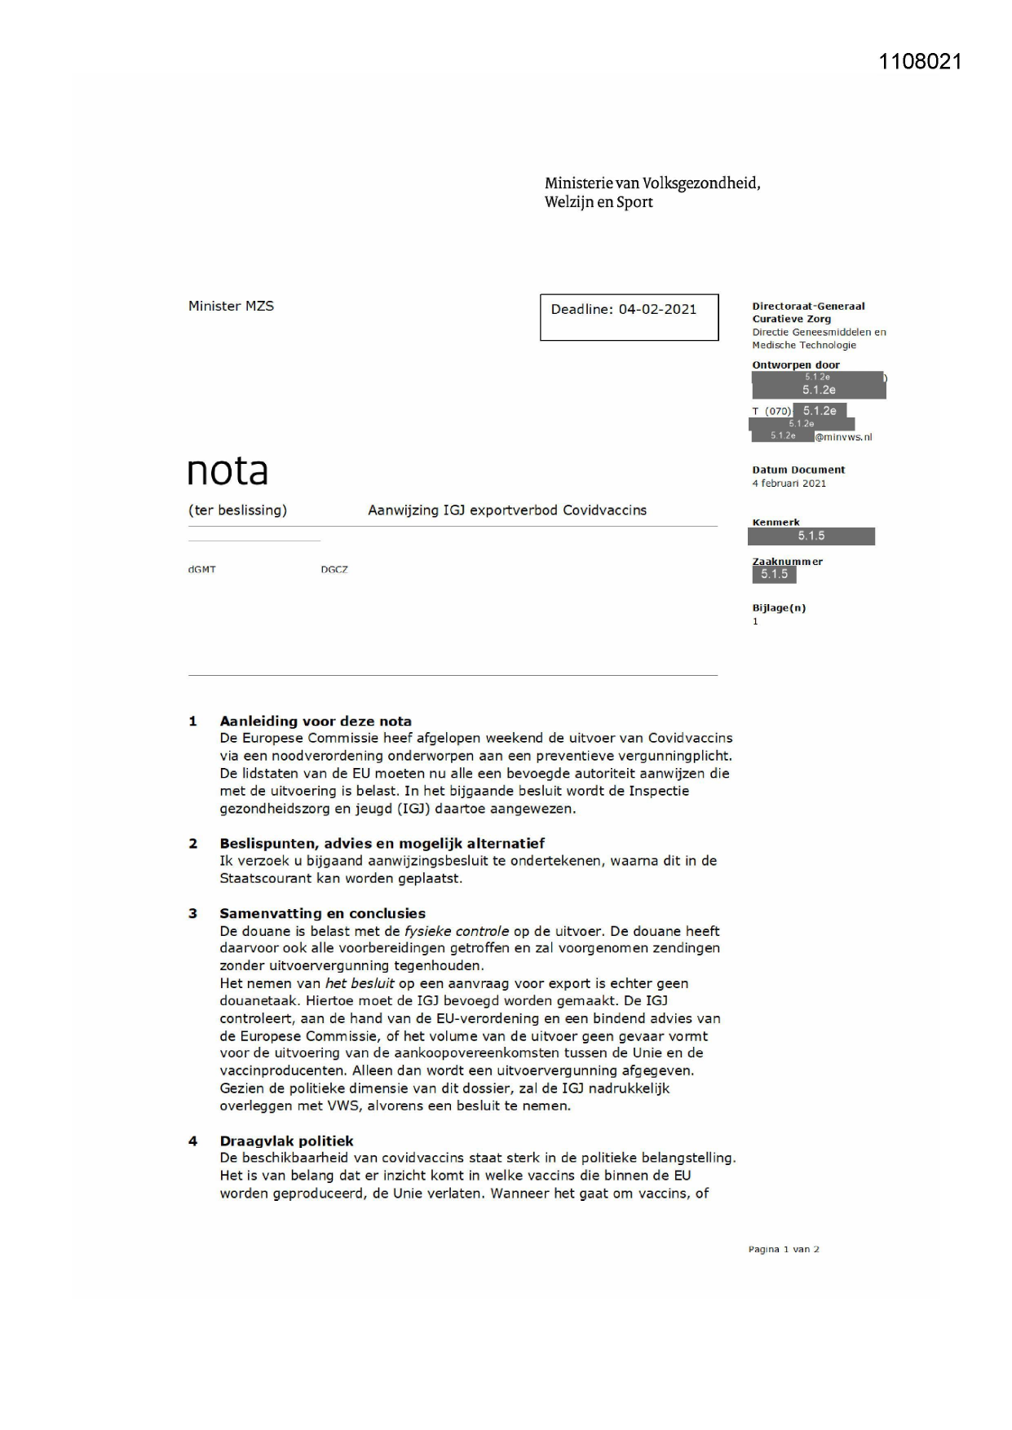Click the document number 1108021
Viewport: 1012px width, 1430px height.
pos(920,62)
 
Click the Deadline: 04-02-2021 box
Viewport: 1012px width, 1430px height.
pos(629,317)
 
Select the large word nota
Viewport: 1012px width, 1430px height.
pos(228,470)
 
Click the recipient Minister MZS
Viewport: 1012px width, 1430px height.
pos(231,306)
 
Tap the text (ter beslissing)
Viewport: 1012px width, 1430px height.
pos(237,510)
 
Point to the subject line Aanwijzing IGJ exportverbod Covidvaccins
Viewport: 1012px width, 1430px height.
pos(506,510)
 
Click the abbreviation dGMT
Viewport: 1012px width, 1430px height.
pos(201,570)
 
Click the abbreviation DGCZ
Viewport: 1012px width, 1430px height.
pos(334,570)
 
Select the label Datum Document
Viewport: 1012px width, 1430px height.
pos(798,470)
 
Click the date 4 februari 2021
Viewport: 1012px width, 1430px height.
pos(789,483)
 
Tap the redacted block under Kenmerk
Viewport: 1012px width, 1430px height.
pos(811,536)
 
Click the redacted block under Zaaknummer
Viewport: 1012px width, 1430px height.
pos(774,574)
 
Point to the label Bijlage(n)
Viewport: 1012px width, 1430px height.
pos(779,608)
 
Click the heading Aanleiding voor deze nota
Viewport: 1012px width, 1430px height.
pos(315,721)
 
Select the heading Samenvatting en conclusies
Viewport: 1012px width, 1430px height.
pos(322,913)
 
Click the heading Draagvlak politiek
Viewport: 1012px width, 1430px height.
pos(286,1141)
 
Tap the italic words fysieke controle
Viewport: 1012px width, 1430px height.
pos(456,931)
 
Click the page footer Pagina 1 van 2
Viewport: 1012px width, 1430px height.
pos(783,1249)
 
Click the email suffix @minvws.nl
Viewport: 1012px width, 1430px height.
pos(843,437)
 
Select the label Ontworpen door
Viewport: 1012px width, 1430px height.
pos(795,365)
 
